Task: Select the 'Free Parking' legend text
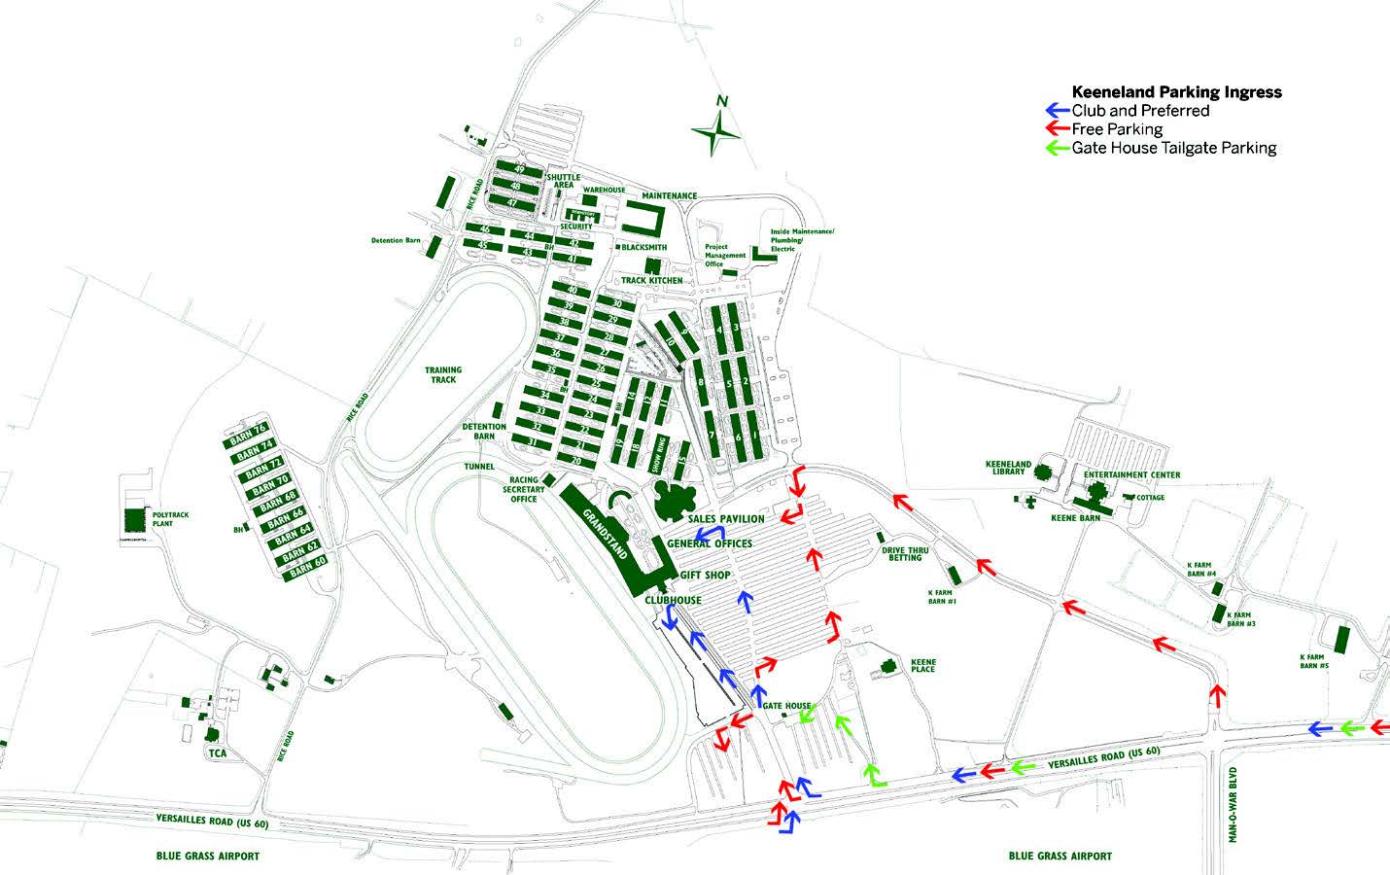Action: click(x=1117, y=129)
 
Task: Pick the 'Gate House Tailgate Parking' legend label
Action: click(x=1173, y=148)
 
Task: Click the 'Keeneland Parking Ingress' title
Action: click(x=1176, y=92)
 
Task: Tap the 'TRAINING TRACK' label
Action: click(x=443, y=374)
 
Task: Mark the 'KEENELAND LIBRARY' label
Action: click(x=1008, y=468)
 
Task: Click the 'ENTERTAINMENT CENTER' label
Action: click(x=1132, y=475)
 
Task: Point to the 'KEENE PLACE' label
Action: click(x=922, y=665)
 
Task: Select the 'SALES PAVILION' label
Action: click(x=726, y=519)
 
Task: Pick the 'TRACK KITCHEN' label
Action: click(x=652, y=280)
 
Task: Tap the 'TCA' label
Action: click(x=216, y=753)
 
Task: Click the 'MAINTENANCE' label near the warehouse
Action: click(x=669, y=196)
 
